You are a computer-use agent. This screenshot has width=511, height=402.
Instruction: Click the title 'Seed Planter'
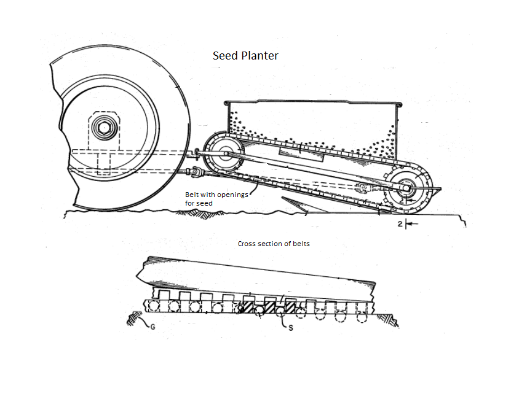(245, 56)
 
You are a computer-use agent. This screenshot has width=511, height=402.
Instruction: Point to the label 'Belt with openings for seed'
(215, 199)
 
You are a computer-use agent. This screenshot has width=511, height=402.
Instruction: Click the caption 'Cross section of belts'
(274, 244)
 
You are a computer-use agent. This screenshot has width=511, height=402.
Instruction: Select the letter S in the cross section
(290, 328)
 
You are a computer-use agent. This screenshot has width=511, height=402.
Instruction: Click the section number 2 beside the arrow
(400, 225)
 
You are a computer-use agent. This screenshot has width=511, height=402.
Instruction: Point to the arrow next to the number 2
(412, 225)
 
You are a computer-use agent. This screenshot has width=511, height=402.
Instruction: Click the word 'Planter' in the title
(261, 56)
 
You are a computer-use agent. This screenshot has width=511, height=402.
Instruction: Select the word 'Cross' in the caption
(248, 244)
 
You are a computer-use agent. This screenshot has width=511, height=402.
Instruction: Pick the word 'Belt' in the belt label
(192, 195)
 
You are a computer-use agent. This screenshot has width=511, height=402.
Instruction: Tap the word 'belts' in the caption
(301, 244)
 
